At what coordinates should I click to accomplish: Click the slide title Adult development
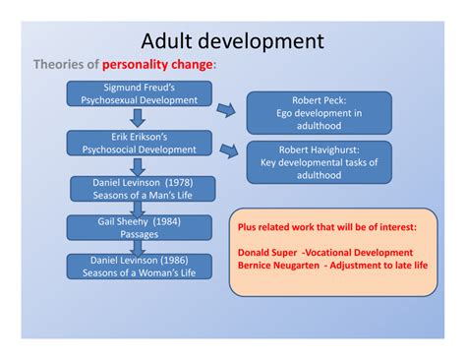click(x=232, y=40)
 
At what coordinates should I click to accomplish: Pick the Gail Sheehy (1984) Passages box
click(x=131, y=228)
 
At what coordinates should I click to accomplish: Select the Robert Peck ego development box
click(x=318, y=113)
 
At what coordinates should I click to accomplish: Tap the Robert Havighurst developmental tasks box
click(x=318, y=161)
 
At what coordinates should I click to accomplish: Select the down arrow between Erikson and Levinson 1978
click(x=132, y=165)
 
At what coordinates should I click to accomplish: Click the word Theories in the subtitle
click(x=59, y=66)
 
